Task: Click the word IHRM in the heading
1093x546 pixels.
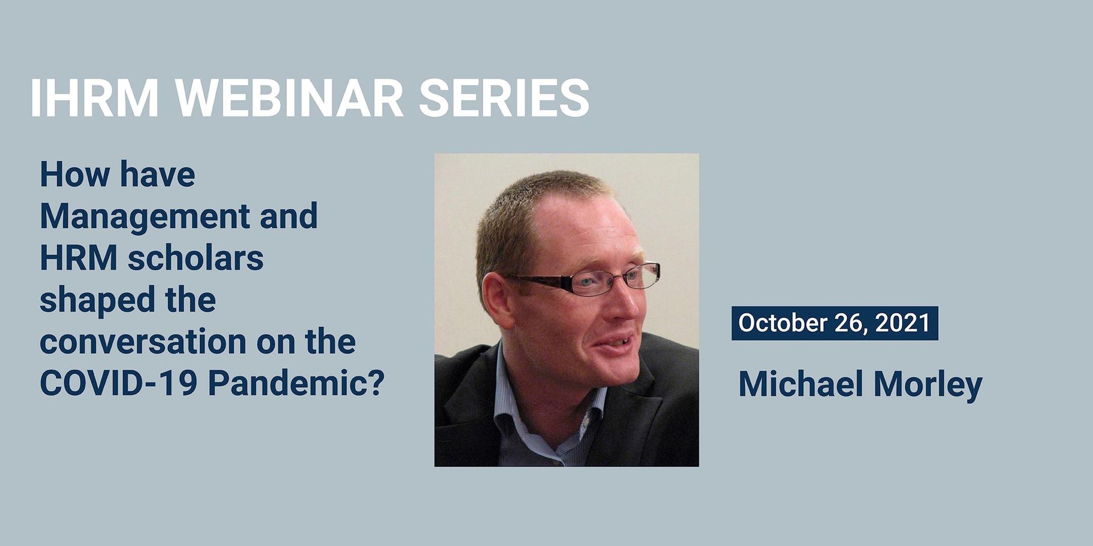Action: click(94, 98)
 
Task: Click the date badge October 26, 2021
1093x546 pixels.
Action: click(835, 323)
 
